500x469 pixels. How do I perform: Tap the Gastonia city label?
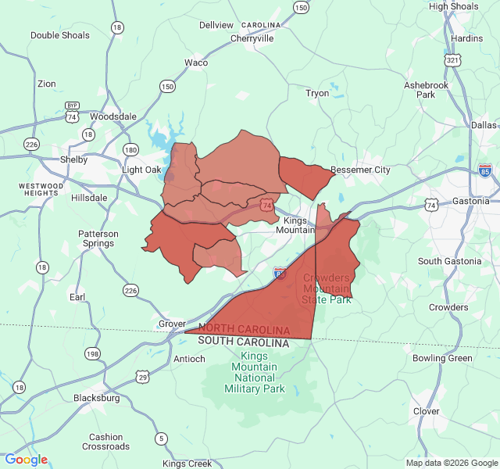[470, 201]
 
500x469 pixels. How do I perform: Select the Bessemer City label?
[360, 170]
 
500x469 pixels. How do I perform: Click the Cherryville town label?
[252, 38]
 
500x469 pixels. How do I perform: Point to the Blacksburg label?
[97, 398]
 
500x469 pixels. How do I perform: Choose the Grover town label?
[172, 324]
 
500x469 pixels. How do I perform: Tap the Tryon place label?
[317, 93]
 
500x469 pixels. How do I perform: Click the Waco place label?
[196, 63]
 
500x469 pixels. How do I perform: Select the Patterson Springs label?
[98, 238]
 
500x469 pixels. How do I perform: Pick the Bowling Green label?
[442, 359]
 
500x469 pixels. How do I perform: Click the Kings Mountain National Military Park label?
[254, 372]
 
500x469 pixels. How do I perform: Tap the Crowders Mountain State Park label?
[327, 288]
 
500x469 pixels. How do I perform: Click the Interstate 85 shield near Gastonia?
[485, 170]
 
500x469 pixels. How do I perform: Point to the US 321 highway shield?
[452, 60]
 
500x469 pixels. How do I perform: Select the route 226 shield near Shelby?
[31, 144]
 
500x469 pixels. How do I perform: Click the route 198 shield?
[93, 353]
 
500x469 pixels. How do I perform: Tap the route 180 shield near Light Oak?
[130, 149]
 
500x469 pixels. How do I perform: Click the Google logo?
[26, 460]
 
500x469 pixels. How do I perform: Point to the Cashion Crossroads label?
[105, 442]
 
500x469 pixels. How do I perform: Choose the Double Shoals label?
[60, 35]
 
